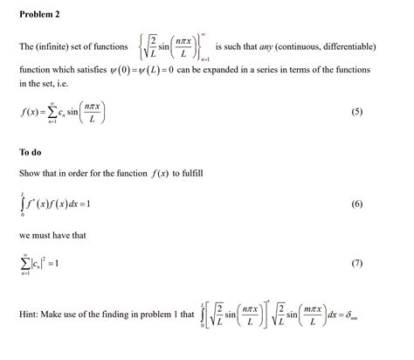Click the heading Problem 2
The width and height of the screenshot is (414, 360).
click(x=39, y=15)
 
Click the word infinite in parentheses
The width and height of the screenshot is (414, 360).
click(x=55, y=45)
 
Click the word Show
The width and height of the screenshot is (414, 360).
click(x=30, y=174)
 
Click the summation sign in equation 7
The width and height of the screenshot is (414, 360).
click(x=24, y=263)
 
